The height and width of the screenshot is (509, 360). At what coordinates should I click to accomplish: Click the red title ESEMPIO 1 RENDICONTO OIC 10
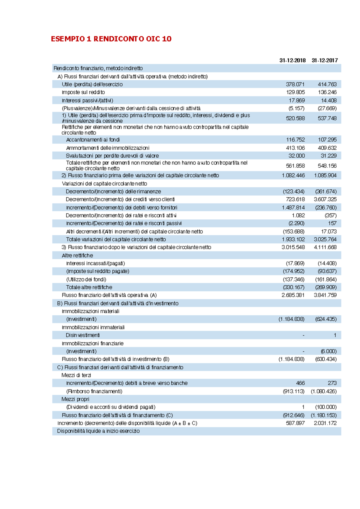click(111, 39)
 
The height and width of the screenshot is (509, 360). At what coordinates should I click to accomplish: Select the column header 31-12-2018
click(292, 60)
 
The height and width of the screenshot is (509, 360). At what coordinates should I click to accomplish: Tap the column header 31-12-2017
click(325, 60)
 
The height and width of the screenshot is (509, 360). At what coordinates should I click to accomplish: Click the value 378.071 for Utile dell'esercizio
click(295, 85)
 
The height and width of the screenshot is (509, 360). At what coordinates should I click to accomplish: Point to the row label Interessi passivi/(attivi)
click(87, 100)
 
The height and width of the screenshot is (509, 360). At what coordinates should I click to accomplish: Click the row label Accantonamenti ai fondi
click(93, 140)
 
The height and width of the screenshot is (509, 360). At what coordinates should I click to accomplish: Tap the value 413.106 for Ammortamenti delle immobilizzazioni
click(295, 148)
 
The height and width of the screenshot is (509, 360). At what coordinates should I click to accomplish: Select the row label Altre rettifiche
click(77, 255)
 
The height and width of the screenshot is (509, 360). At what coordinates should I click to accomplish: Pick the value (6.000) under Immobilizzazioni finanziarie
click(328, 351)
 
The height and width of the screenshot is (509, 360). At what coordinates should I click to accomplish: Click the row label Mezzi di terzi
click(76, 375)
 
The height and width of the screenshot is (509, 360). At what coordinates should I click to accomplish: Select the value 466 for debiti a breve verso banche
click(300, 383)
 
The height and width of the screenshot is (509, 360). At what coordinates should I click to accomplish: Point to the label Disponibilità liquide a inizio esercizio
click(98, 431)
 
